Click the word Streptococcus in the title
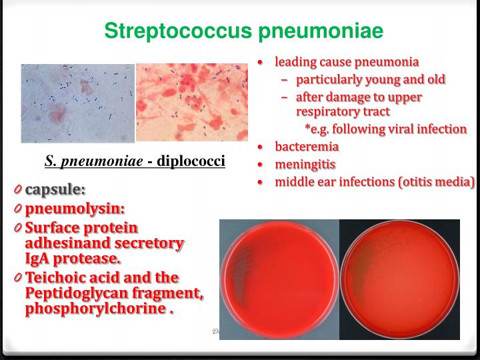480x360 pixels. [x=169, y=31]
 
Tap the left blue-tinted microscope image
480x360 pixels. [x=77, y=103]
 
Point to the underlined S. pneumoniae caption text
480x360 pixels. [x=92, y=161]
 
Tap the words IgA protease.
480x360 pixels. [x=73, y=259]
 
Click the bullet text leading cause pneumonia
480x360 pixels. [x=347, y=63]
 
